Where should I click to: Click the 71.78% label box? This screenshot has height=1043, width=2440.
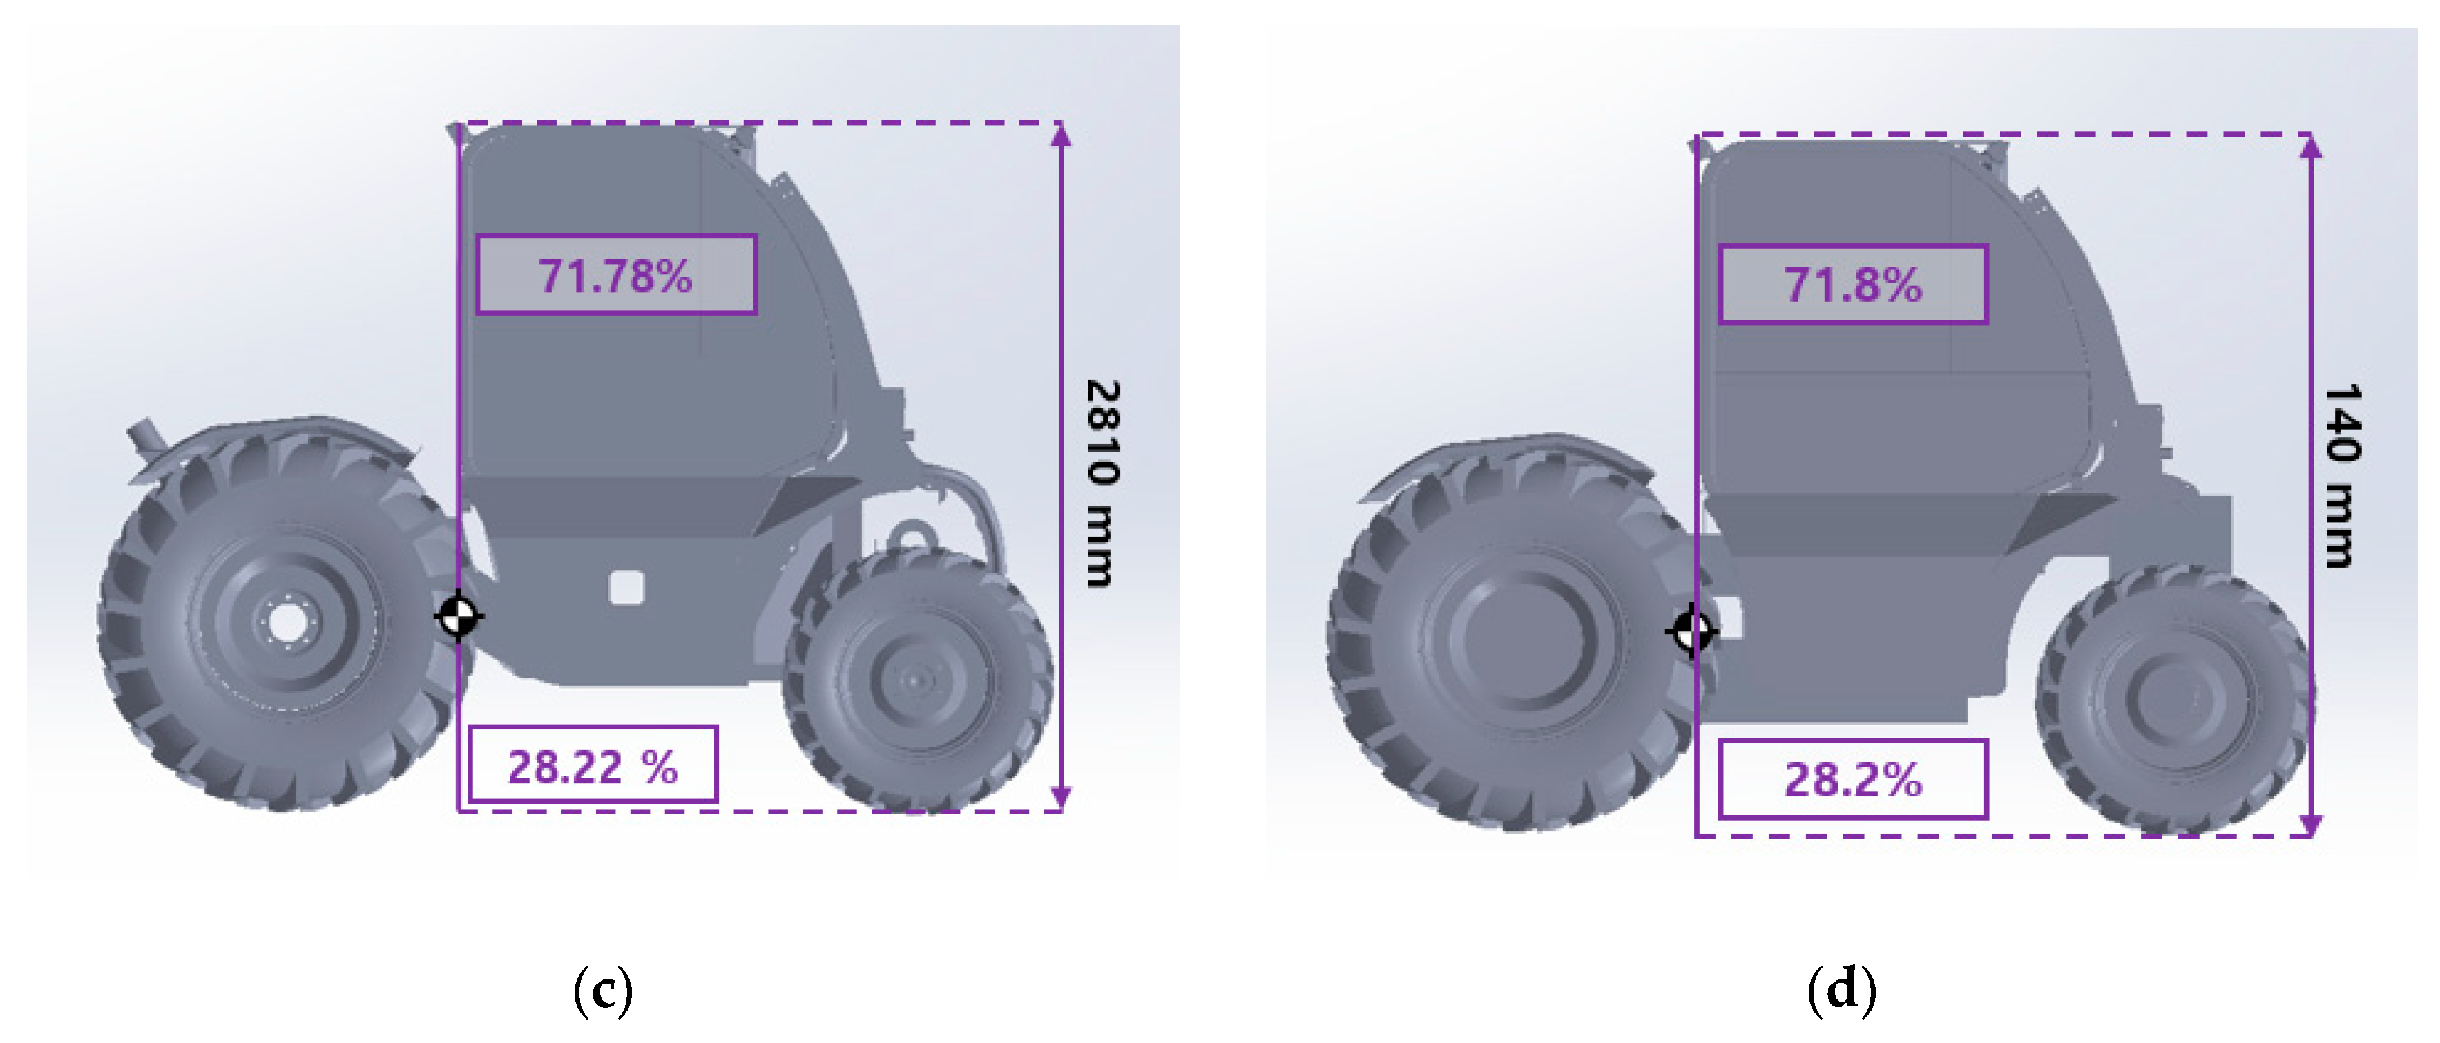[617, 275]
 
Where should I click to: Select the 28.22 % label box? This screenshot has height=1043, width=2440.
[594, 765]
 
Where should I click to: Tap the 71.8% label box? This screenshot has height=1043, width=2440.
[1853, 284]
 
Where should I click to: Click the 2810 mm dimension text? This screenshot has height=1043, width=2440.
[1102, 483]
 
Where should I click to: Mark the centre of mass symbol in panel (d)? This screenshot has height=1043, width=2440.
[1692, 631]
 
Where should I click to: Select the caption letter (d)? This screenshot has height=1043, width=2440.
[1841, 991]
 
